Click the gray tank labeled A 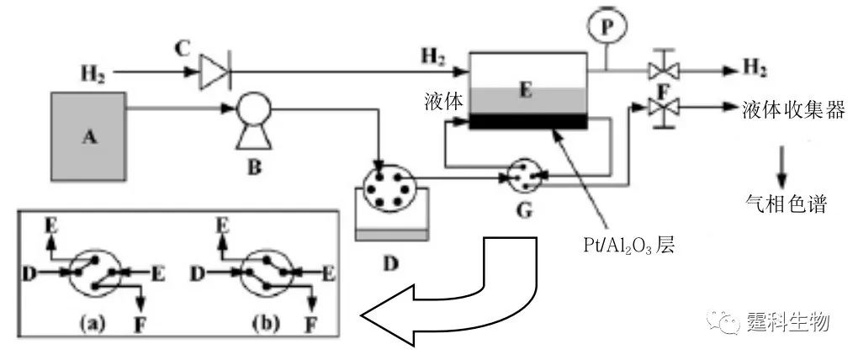(x=88, y=135)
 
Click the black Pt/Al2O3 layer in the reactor (x=527, y=121)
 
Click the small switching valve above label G (x=524, y=174)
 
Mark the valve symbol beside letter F (x=659, y=109)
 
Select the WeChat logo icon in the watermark (x=723, y=322)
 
